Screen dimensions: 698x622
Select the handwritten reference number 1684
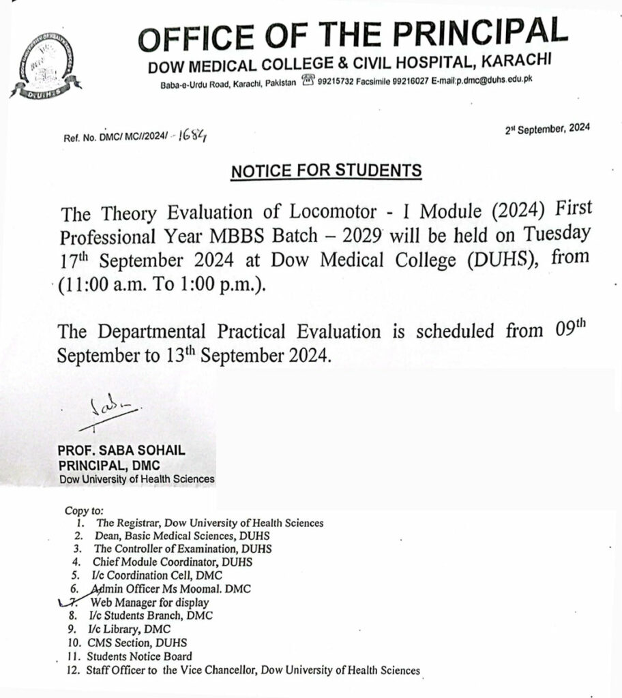click(x=193, y=136)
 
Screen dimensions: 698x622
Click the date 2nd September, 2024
click(x=547, y=130)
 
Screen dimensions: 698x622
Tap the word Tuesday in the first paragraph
click(x=554, y=235)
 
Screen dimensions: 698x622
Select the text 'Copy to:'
click(x=84, y=510)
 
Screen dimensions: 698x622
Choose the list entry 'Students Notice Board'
click(x=139, y=656)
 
